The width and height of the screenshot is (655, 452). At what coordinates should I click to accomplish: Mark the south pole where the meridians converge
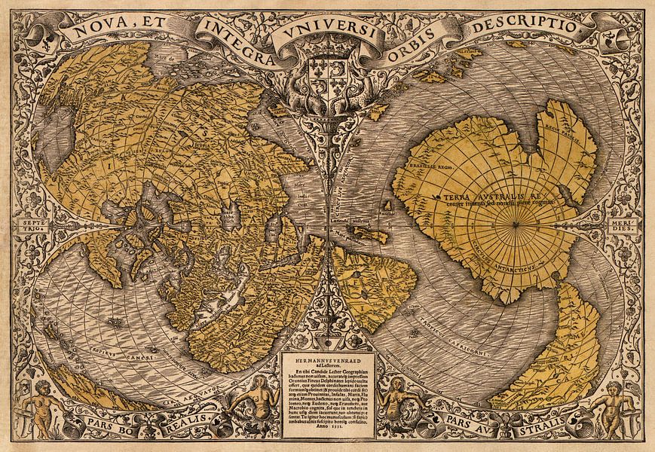coord(514,224)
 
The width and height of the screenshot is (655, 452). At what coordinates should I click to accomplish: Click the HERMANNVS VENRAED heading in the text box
coord(327,359)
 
